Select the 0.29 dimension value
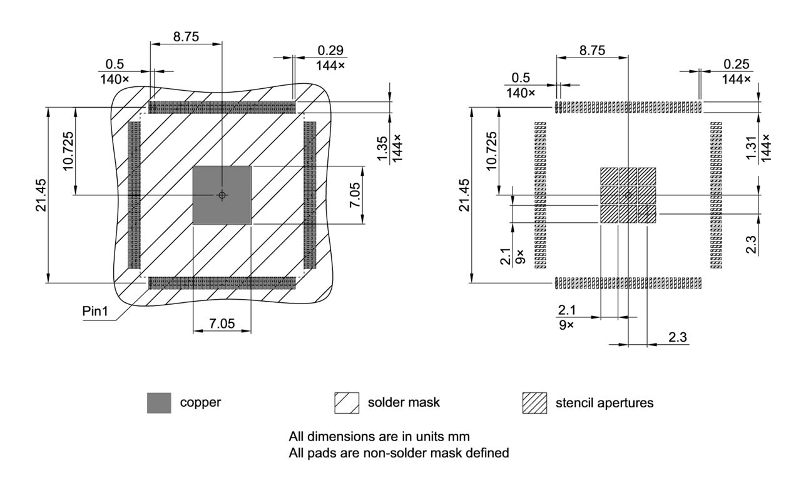(331, 50)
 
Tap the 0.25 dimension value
(737, 64)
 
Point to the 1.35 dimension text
(383, 148)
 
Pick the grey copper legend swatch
(159, 403)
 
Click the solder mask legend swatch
(347, 403)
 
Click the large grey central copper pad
(222, 195)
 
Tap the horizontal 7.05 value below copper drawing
(222, 324)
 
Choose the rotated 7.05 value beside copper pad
(355, 195)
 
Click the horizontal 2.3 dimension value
(678, 337)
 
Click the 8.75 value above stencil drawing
(592, 51)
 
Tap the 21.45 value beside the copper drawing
(41, 195)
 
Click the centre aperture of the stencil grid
(628, 195)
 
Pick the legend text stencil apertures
(605, 403)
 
